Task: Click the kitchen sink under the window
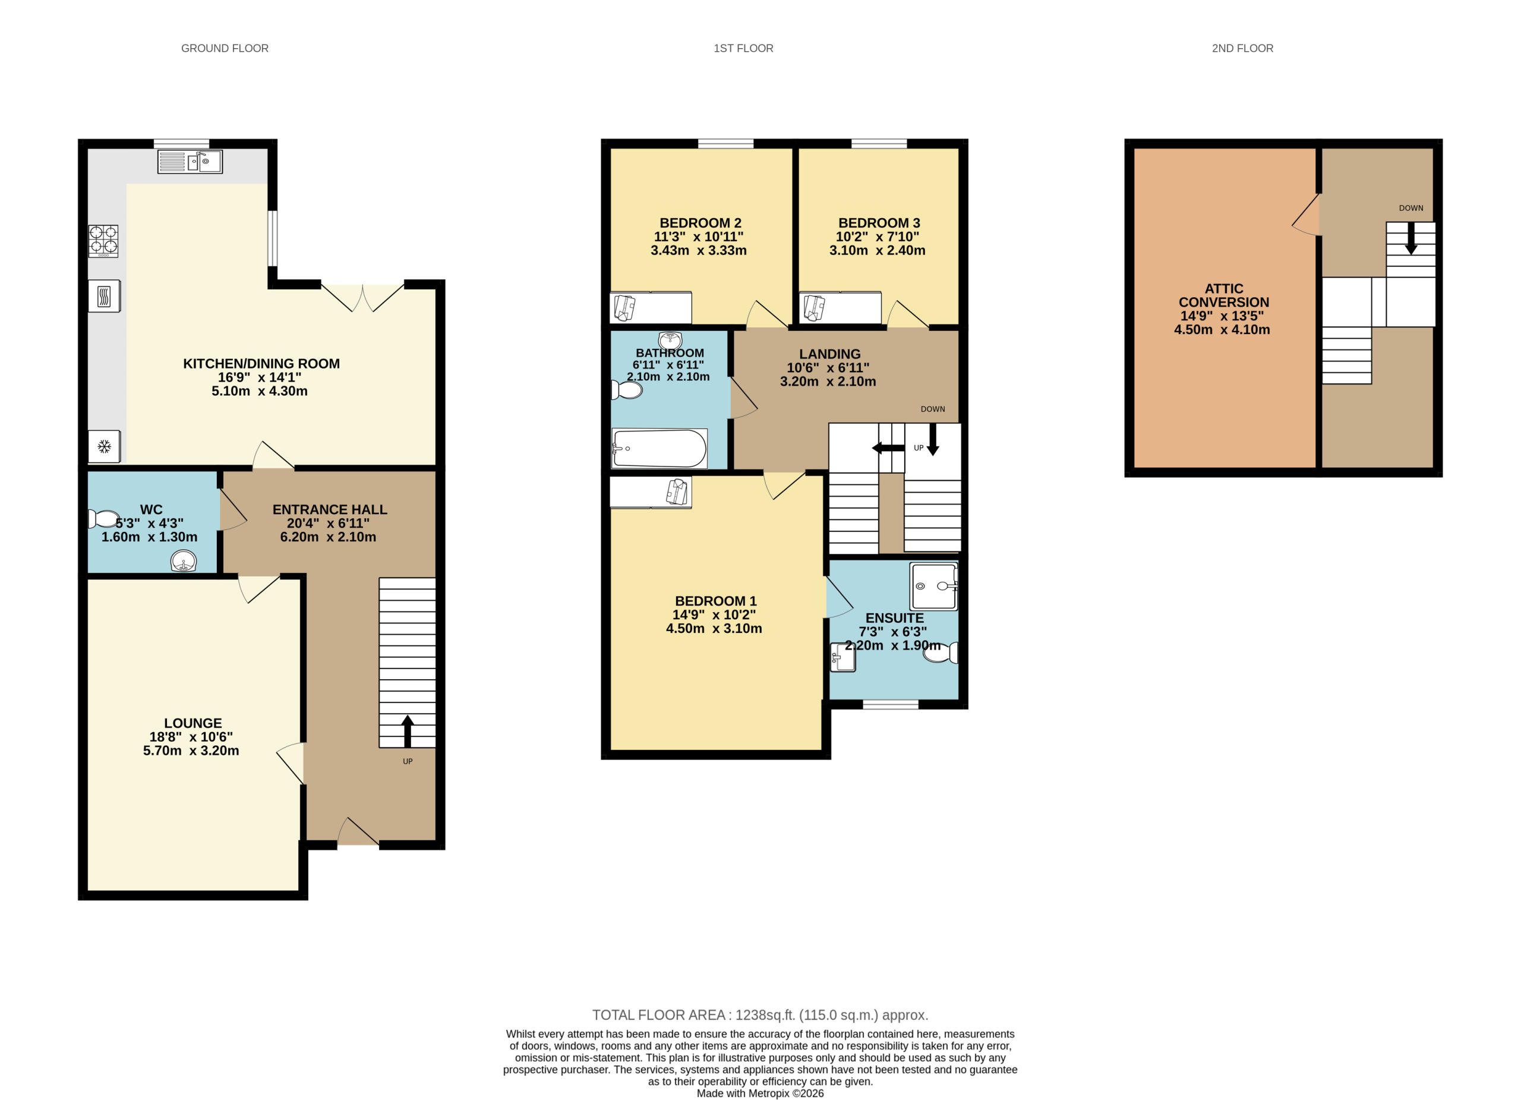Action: coord(190,162)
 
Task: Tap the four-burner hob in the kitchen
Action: coord(103,241)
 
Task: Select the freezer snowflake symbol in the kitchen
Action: coord(104,447)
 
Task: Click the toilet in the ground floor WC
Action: coord(104,518)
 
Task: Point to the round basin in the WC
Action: coord(183,561)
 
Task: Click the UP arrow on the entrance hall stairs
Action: coord(407,731)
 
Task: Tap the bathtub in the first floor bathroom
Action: coord(659,449)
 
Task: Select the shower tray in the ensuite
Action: coord(933,586)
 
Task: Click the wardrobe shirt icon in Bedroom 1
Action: coord(677,491)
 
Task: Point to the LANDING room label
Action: coord(829,354)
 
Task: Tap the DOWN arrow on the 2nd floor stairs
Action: coord(1411,239)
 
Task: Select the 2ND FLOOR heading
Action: coord(1242,48)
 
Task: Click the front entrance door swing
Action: coord(358,834)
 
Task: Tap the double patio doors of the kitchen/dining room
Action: coord(363,298)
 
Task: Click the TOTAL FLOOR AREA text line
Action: coord(760,1015)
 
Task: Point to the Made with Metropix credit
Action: coord(760,1093)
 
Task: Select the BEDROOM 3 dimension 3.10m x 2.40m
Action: coord(877,250)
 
